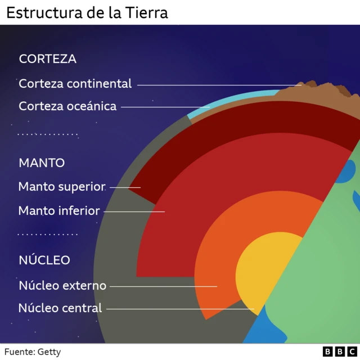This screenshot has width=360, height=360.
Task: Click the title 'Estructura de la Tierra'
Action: point(87,12)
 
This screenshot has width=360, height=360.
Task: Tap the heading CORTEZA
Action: point(47,58)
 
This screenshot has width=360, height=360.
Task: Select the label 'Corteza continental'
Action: point(75,84)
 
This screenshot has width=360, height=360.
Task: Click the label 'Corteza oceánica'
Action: point(67,106)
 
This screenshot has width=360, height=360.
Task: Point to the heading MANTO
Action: point(42,163)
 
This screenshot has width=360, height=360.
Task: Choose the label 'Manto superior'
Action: point(62,186)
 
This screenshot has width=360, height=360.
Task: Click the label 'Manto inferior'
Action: point(59,211)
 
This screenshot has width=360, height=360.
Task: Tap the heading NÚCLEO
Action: point(44,260)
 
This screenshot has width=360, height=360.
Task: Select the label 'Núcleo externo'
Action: point(62,286)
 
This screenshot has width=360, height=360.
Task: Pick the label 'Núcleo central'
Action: point(60,308)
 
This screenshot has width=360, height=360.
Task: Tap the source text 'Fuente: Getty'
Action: point(33,352)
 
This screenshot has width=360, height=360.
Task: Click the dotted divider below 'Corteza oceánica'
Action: point(48,135)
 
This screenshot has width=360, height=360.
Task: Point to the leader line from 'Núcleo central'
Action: point(180,309)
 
